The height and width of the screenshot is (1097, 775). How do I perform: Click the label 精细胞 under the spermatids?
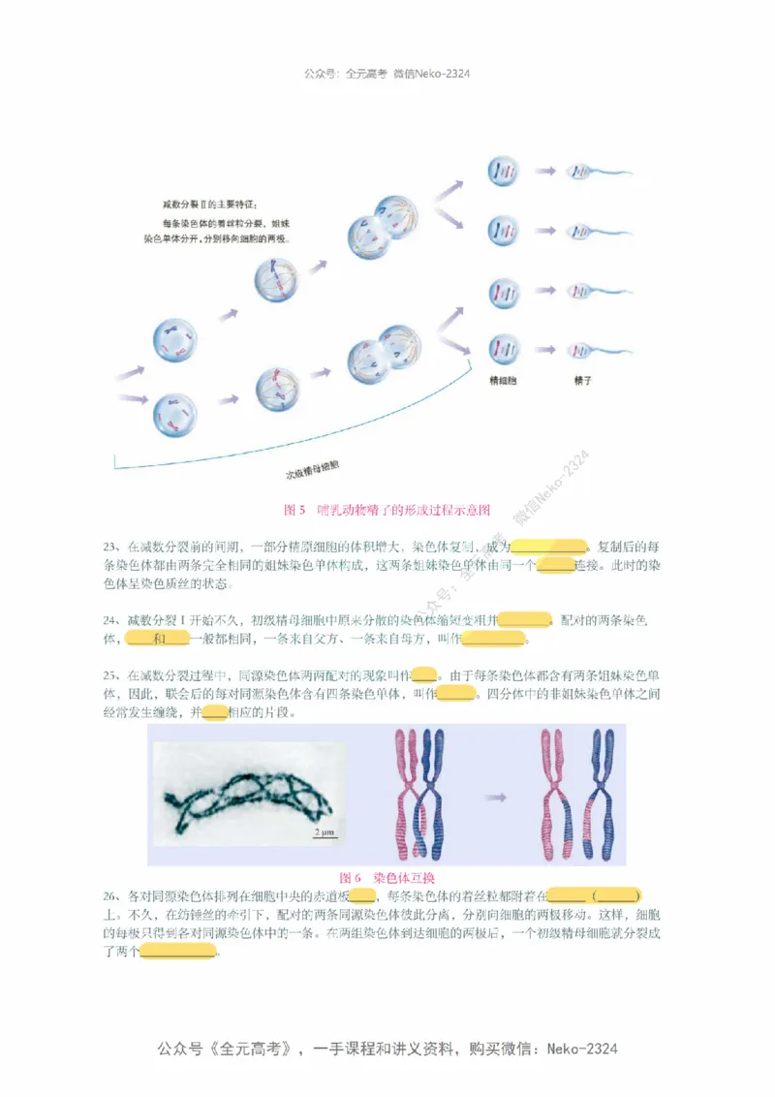pyautogui.click(x=503, y=381)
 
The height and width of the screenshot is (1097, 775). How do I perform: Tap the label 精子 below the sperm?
pyautogui.click(x=582, y=381)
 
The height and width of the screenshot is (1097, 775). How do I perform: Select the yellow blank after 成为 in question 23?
pyautogui.click(x=548, y=547)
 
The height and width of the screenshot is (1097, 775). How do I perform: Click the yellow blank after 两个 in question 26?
pyautogui.click(x=178, y=952)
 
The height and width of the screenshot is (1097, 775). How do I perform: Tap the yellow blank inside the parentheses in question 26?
pyautogui.click(x=616, y=894)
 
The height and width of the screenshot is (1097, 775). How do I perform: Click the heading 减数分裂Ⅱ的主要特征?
pyautogui.click(x=209, y=204)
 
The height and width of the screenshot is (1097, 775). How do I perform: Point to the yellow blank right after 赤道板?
pyautogui.click(x=362, y=894)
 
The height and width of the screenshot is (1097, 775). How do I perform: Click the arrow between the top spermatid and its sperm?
pyautogui.click(x=544, y=171)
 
